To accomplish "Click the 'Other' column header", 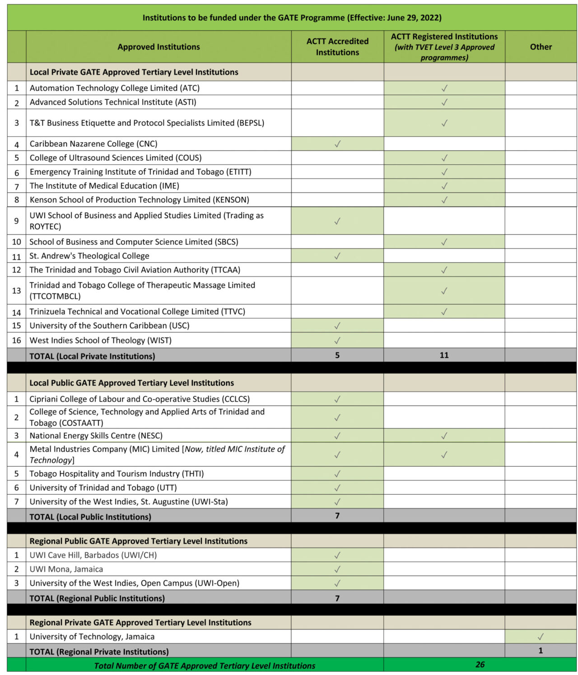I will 541,47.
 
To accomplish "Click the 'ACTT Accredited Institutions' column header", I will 337,47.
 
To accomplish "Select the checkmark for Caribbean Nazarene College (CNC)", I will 337,144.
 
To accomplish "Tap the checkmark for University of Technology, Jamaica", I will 541,637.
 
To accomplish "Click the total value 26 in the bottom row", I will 480,665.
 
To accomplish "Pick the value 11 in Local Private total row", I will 444,355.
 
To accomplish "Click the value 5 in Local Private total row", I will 337,355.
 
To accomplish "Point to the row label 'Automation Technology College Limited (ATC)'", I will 115,88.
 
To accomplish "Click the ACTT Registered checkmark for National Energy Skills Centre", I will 444,436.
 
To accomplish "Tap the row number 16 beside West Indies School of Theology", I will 17,340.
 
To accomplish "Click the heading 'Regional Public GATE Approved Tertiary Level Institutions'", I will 139,541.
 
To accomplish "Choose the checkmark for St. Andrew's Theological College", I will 337,256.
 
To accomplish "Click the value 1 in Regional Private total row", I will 541,651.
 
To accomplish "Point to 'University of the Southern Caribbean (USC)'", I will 110,326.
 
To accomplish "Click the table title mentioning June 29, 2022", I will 292,18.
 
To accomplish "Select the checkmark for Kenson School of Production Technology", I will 444,200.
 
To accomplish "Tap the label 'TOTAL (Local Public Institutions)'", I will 90,517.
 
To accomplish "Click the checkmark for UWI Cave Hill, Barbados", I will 337,555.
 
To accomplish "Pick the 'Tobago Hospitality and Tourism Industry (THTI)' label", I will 117,474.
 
